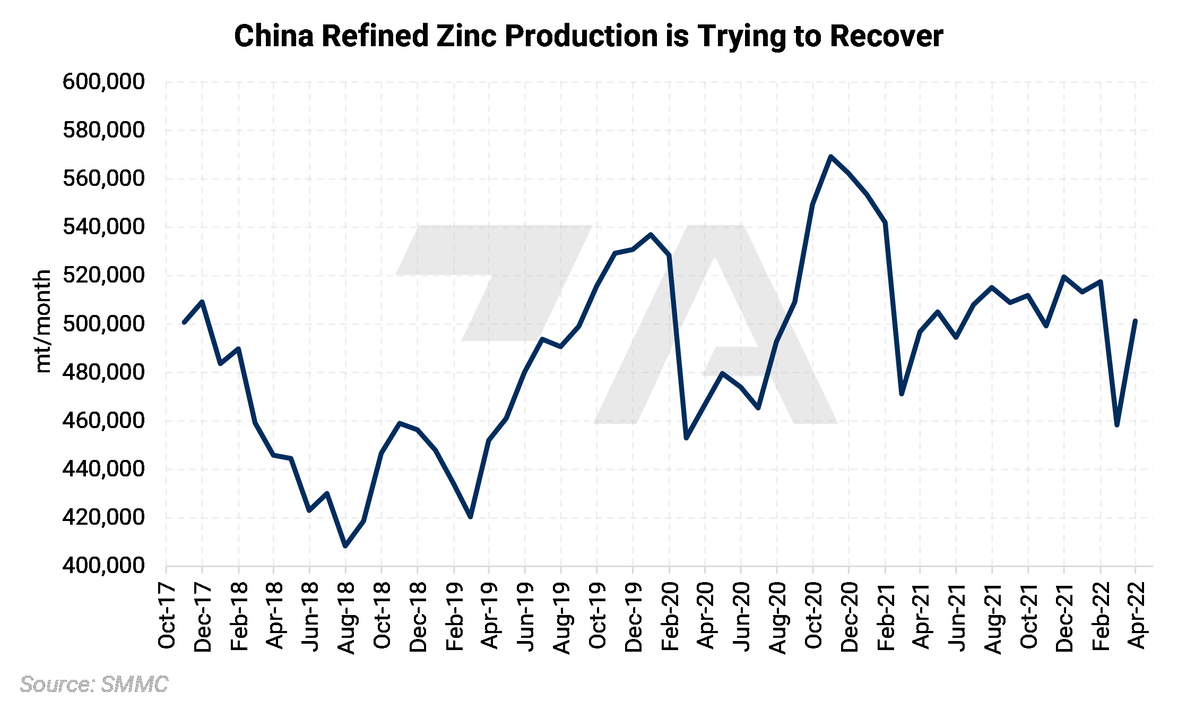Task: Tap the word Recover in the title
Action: (886, 36)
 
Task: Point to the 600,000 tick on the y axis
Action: (103, 82)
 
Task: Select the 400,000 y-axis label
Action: (103, 566)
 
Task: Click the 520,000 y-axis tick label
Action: (103, 275)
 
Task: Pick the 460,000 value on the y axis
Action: (103, 421)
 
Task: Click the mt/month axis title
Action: (42, 321)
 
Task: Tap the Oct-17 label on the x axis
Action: (167, 616)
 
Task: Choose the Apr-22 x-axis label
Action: (1136, 616)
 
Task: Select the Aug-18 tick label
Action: (347, 617)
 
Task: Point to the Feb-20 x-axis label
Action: (670, 616)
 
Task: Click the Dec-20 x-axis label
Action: (850, 616)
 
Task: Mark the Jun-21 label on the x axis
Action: (957, 616)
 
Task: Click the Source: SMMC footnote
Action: (94, 685)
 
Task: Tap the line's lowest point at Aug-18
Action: (346, 546)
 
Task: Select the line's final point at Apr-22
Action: (1135, 321)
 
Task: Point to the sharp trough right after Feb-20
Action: (687, 438)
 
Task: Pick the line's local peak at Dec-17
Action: (202, 302)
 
